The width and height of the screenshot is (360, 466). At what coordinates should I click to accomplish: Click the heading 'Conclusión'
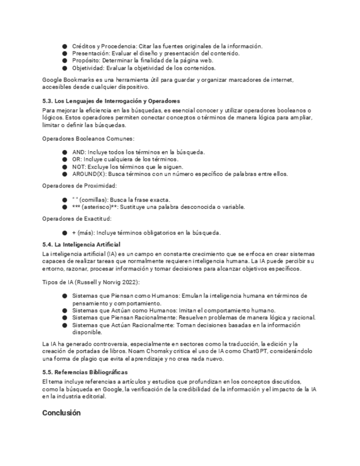[61, 413]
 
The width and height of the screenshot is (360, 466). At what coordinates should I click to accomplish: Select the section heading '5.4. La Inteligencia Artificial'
[81, 244]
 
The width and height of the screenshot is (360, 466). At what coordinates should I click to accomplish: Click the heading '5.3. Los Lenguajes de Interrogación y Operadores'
[111, 101]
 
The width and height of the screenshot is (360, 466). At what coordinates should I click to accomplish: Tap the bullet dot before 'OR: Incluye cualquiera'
[65, 159]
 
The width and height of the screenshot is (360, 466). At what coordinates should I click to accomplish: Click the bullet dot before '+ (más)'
[65, 232]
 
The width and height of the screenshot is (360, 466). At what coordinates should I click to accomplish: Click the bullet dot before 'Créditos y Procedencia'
[65, 46]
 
